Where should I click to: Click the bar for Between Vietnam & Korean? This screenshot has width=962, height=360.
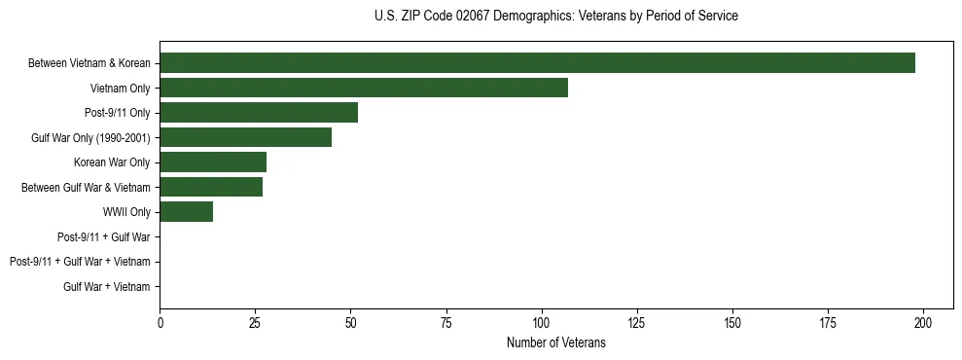[x=537, y=63]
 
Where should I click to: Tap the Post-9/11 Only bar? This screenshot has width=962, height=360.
[x=259, y=113]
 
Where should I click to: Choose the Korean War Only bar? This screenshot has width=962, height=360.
[x=213, y=162]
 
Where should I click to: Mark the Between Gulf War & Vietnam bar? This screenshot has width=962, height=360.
[x=211, y=187]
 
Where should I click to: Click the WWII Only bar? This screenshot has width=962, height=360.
[x=186, y=212]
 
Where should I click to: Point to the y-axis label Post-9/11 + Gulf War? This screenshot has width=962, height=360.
[x=105, y=236]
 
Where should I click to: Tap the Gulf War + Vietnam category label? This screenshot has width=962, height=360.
[x=107, y=287]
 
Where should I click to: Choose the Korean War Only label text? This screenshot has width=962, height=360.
[x=112, y=162]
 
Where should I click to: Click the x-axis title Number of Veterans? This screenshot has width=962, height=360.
[x=555, y=343]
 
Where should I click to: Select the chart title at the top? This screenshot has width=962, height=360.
[x=555, y=17]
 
